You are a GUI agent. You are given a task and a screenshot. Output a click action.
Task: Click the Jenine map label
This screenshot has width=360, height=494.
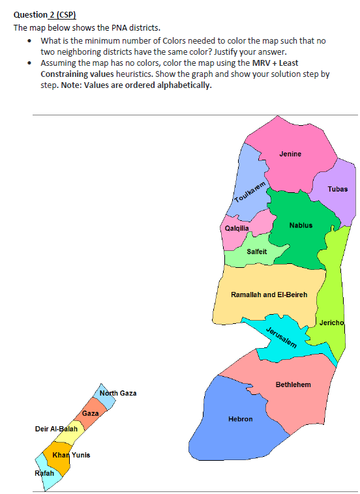[x=290, y=154]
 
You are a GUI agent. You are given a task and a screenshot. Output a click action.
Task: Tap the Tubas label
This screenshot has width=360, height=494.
[x=338, y=189]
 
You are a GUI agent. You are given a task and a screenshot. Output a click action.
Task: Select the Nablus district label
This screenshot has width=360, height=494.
[x=301, y=225]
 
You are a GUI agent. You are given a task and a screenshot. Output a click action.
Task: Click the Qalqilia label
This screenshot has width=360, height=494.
[x=236, y=229]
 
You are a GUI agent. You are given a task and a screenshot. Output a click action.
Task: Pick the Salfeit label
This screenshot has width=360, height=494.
[x=257, y=252]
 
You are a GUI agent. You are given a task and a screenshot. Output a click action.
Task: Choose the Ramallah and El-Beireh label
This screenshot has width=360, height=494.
[x=269, y=295]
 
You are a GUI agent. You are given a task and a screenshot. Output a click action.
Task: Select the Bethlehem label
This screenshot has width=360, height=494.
[x=293, y=385]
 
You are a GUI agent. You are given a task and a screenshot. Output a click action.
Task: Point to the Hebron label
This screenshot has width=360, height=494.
[x=240, y=419]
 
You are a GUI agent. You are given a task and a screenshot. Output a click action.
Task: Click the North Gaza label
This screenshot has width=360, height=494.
[x=118, y=394]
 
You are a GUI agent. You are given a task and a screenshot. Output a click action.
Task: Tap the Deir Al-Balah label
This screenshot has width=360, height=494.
[x=56, y=429]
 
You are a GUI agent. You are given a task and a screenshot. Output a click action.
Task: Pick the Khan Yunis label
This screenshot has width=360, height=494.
[x=71, y=454]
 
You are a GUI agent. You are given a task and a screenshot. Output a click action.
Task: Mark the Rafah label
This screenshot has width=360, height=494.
[x=44, y=472]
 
